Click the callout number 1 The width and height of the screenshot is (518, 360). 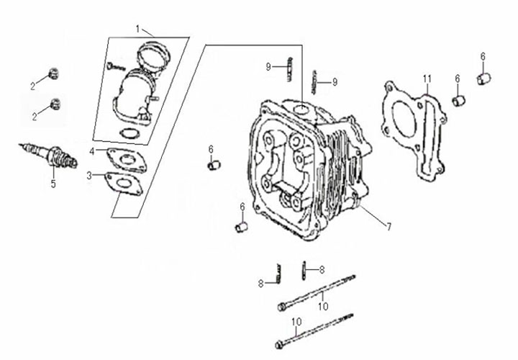coord(137,29)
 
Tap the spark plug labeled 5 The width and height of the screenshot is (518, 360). coord(50,155)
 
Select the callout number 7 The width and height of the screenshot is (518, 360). coord(389,227)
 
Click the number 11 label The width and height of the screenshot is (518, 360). coord(427,79)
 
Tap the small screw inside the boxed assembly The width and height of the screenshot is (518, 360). coord(116,66)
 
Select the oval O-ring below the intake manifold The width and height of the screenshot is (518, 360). coord(129,133)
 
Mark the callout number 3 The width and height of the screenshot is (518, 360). coord(89,176)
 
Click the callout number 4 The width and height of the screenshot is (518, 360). coord(92,151)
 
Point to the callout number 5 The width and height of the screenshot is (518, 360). coord(53,184)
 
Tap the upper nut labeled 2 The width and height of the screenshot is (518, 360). coord(53,73)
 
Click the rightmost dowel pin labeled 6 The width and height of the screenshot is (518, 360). coord(485,78)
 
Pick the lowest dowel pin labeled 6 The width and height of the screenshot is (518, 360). coord(242,228)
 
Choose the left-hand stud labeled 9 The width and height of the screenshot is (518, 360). coord(290,69)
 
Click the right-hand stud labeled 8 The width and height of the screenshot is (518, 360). coord(304,271)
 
